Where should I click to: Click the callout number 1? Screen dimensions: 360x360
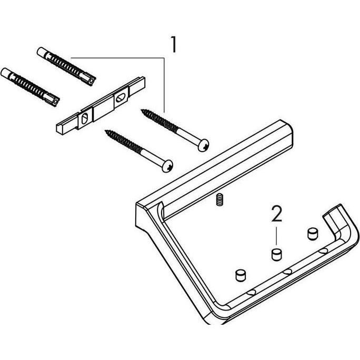[x=172, y=44]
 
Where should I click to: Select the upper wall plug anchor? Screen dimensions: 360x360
[x=66, y=66]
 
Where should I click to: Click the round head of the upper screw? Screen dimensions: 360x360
[x=203, y=144]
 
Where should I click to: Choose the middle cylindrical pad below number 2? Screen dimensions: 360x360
[x=275, y=254]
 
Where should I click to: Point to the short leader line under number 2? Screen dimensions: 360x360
[x=276, y=235]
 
